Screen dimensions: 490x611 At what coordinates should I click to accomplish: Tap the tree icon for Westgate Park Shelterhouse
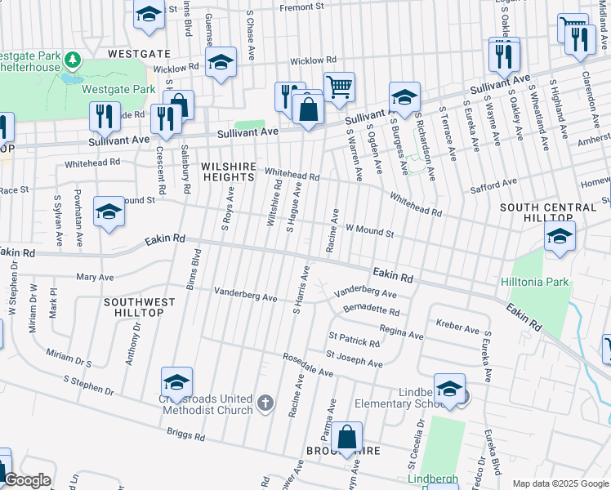click(x=73, y=60)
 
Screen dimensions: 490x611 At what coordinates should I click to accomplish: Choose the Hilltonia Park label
click(x=533, y=282)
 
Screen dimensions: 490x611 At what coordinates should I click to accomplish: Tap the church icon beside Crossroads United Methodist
click(x=265, y=403)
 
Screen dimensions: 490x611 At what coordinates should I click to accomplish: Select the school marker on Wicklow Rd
click(x=221, y=62)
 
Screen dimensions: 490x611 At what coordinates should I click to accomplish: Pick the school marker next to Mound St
click(x=109, y=212)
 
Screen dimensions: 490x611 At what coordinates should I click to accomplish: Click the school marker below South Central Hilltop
click(x=560, y=237)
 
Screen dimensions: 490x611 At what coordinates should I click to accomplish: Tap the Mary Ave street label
click(x=95, y=277)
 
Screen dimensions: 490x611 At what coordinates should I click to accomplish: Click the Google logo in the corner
click(x=26, y=480)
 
